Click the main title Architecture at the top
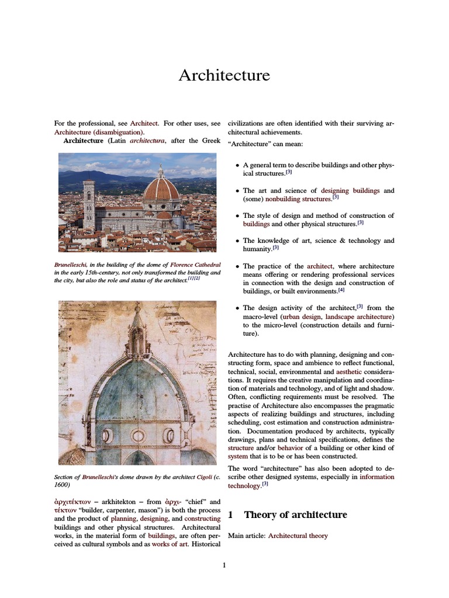tap(224, 75)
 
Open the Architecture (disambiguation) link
tap(99, 132)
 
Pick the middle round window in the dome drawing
tap(138, 435)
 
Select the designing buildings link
tap(350, 190)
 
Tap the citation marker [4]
tap(341, 290)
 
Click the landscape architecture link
tap(359, 317)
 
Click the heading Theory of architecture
tap(295, 514)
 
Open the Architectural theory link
tap(298, 536)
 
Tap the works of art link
tap(171, 544)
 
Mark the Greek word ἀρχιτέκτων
tap(72, 502)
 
